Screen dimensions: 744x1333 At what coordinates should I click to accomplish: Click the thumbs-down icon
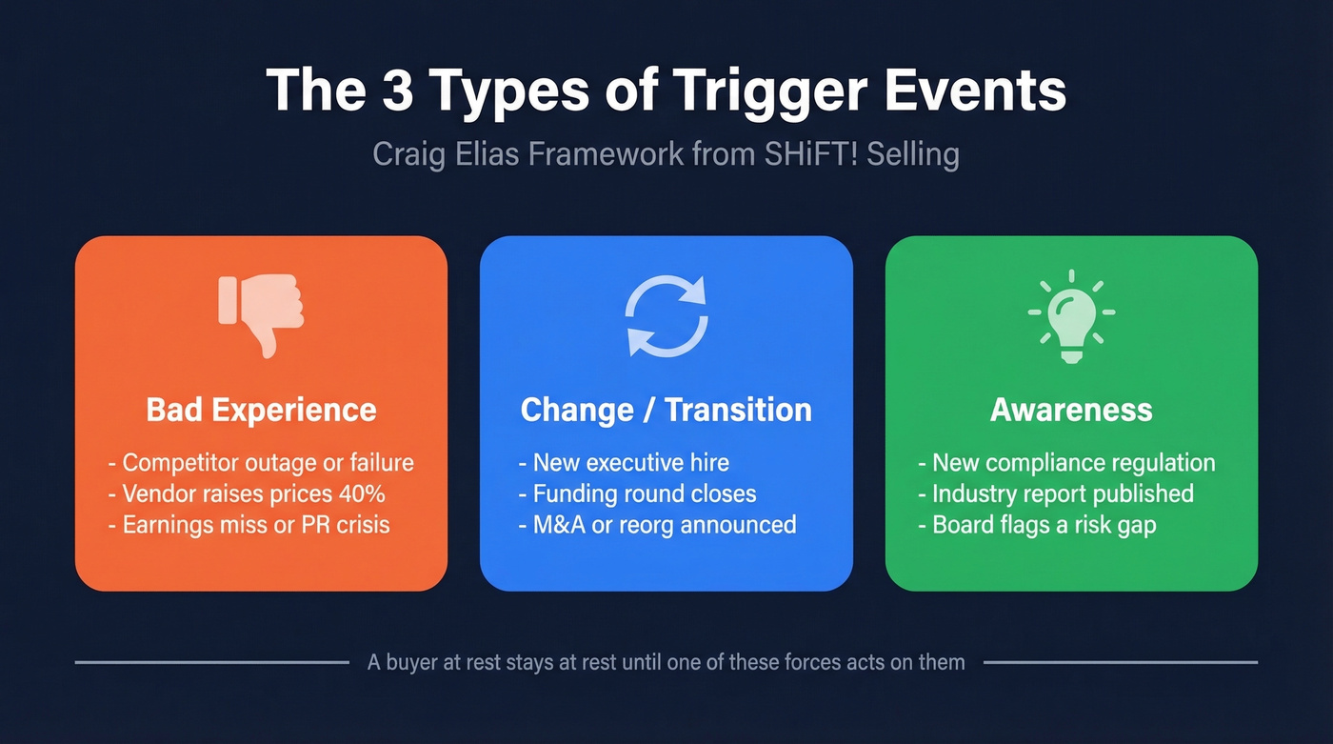pyautogui.click(x=261, y=315)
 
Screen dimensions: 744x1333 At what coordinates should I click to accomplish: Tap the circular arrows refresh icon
pyautogui.click(x=666, y=315)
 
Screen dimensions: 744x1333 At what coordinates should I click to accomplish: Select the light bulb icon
pyautogui.click(x=1071, y=315)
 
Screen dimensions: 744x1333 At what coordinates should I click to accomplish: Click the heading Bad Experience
pyautogui.click(x=261, y=410)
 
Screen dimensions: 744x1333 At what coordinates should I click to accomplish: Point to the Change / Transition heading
pyautogui.click(x=666, y=410)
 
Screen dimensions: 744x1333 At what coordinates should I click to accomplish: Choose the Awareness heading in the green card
pyautogui.click(x=1071, y=410)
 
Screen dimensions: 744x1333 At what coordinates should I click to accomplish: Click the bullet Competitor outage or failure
pyautogui.click(x=268, y=463)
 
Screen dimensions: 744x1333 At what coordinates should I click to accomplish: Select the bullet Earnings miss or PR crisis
pyautogui.click(x=256, y=525)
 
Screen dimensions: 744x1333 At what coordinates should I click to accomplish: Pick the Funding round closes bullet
pyautogui.click(x=644, y=493)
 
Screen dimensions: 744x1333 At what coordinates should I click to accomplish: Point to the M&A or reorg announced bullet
pyautogui.click(x=664, y=525)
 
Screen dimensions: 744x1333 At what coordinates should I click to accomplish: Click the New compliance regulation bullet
pyautogui.click(x=1073, y=463)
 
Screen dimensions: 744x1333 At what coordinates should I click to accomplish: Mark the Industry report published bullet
pyautogui.click(x=1063, y=493)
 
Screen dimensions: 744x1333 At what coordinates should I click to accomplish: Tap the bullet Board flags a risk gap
pyautogui.click(x=1044, y=525)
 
